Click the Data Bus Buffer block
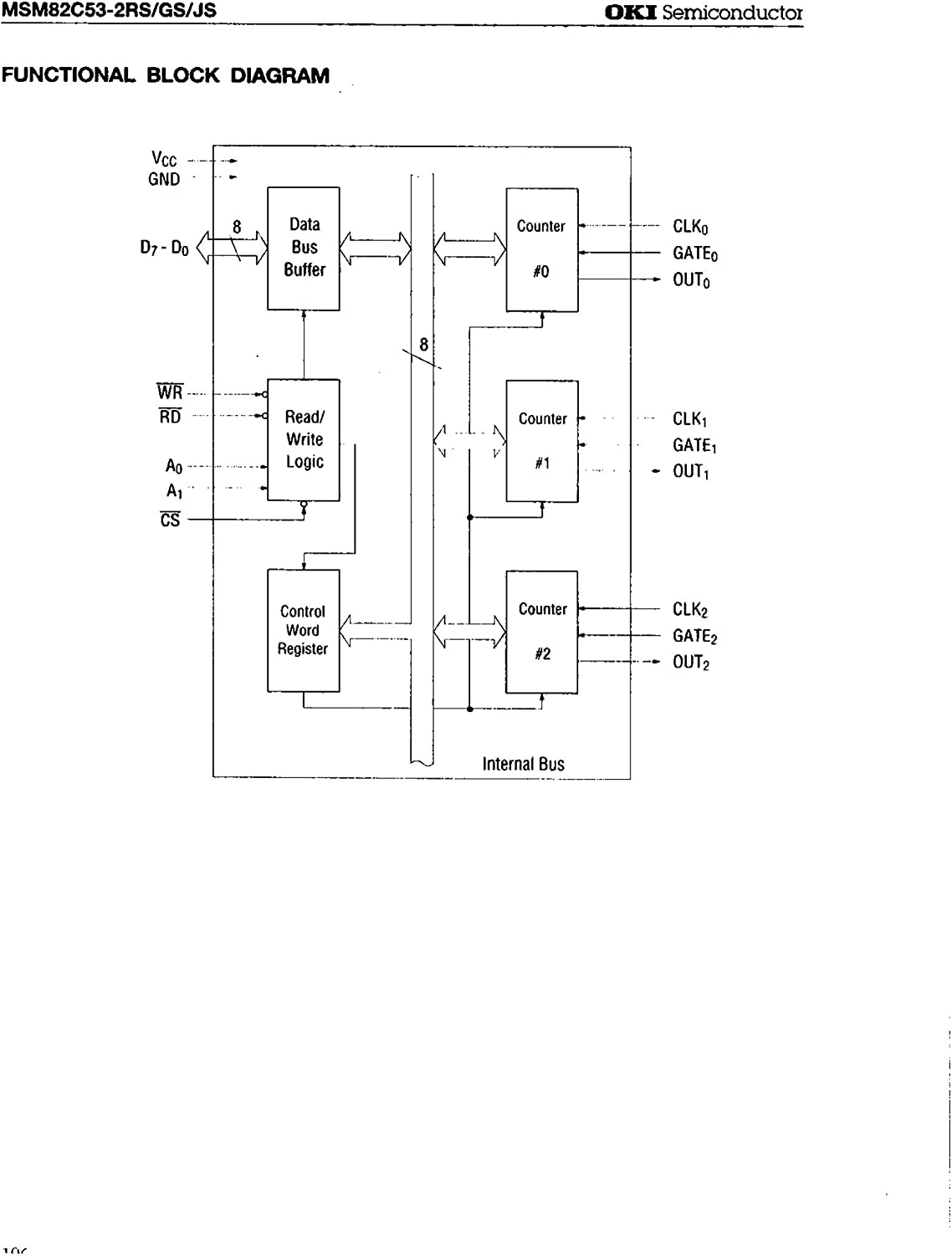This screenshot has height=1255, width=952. click(x=303, y=248)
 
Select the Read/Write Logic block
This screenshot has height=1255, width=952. click(x=303, y=439)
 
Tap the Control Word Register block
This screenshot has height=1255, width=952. click(x=303, y=630)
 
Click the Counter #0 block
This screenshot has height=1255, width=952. click(x=541, y=249)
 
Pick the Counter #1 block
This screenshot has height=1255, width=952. click(x=541, y=440)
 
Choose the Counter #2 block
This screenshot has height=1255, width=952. click(x=541, y=632)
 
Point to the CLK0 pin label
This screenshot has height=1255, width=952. click(x=691, y=227)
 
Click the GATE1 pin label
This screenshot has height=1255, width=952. click(x=694, y=445)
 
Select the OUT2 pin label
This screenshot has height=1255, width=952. click(x=691, y=663)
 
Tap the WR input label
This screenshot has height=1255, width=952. click(x=170, y=392)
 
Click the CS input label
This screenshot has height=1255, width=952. click(x=170, y=520)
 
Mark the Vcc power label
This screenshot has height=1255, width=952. click(x=164, y=158)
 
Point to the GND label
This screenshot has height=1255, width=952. click(x=164, y=179)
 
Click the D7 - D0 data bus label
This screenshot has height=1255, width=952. click(x=164, y=248)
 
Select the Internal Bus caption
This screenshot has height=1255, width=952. click(x=523, y=764)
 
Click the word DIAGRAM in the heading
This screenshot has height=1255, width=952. click(x=279, y=75)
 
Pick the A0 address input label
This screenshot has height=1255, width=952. click(x=173, y=467)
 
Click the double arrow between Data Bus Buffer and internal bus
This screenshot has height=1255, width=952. click(x=376, y=248)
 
